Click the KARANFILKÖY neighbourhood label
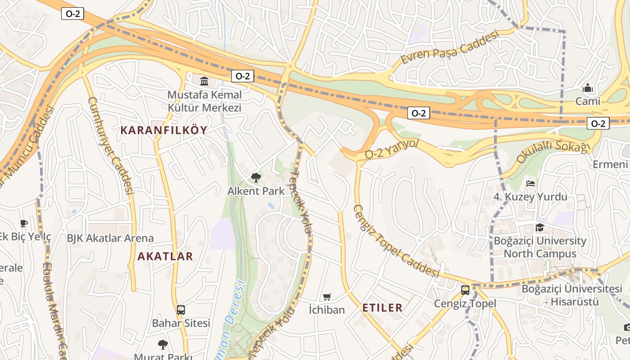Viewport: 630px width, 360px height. tap(164, 130)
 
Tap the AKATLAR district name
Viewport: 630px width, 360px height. tap(165, 256)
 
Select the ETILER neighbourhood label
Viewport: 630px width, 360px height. tap(382, 308)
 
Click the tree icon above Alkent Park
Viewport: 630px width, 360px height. tap(256, 178)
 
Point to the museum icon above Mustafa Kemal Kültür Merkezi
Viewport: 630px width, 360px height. tap(204, 81)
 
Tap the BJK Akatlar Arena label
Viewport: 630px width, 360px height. tap(110, 238)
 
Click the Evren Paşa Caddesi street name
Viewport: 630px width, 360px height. tap(450, 47)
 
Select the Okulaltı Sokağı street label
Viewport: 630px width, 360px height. tap(553, 151)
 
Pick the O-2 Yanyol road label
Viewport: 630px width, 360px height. tap(391, 149)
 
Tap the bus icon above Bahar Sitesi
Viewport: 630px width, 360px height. tap(181, 310)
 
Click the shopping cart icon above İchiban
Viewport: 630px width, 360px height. tap(327, 297)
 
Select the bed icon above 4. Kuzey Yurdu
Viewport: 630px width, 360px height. tap(531, 184)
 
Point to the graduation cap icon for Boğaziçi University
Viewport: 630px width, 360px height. tap(540, 228)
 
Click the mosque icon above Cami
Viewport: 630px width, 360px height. tap(588, 88)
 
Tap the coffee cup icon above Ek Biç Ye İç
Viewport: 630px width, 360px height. tap(24, 223)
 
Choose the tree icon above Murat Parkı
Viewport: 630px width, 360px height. tap(163, 345)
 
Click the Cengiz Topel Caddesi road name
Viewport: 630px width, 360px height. tap(396, 241)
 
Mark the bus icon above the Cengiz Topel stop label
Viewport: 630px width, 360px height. tap(465, 290)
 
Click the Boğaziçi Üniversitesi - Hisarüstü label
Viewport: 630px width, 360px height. tap(572, 295)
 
